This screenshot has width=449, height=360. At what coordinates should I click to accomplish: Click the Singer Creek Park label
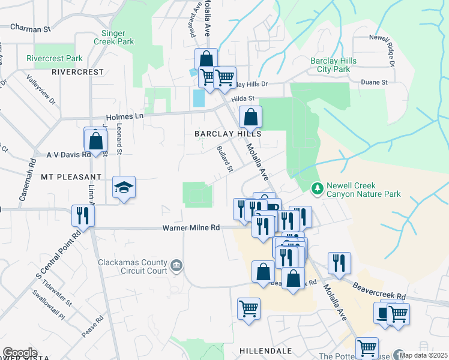(113, 37)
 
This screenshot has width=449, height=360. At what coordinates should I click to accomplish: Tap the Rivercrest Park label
(55, 59)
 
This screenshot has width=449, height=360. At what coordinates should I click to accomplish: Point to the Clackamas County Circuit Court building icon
(176, 265)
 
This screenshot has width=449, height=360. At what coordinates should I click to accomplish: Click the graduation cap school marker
(124, 188)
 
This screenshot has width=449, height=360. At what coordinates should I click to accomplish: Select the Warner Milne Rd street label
(191, 228)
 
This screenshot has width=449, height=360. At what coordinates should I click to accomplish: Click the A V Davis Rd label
(68, 155)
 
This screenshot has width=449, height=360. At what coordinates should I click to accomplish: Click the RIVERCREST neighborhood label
(78, 72)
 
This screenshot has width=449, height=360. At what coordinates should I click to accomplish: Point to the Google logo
(19, 353)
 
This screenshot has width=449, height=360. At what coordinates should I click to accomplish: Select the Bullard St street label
(224, 159)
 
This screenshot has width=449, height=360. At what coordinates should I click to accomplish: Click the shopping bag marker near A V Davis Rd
(95, 141)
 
